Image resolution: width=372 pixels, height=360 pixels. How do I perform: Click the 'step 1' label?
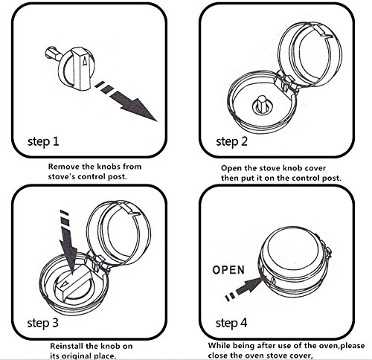click(43, 142)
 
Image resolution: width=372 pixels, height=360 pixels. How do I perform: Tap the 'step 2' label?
click(231, 142)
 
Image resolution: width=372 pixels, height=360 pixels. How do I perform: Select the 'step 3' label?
click(43, 323)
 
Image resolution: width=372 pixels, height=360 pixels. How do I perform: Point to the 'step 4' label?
click(231, 323)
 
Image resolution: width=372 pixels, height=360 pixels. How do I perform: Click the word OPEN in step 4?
click(228, 270)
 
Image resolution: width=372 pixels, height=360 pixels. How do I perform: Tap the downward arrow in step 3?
click(68, 243)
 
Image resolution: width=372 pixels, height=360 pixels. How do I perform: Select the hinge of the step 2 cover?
click(286, 83)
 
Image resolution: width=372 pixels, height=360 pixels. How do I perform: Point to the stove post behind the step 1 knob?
click(53, 54)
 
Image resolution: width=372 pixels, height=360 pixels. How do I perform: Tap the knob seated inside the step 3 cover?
click(74, 284)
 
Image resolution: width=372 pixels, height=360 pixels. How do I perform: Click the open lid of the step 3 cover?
click(119, 233)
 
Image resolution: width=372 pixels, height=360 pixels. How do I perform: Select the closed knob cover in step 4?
click(295, 262)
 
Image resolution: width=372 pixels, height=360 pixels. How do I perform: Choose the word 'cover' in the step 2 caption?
click(315, 168)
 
